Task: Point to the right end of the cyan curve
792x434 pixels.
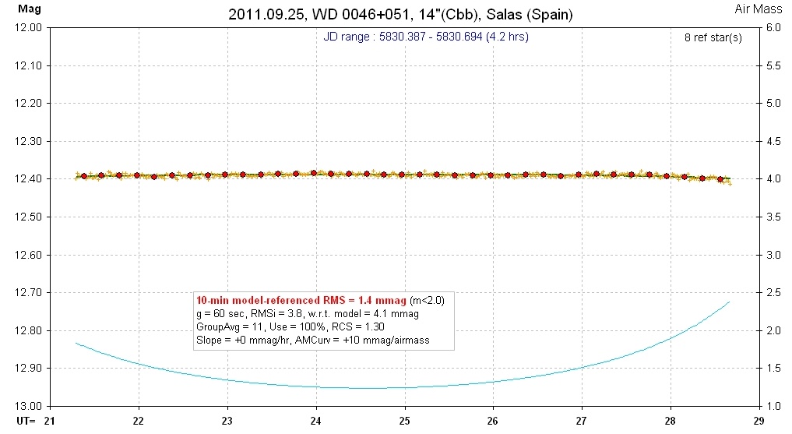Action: pos(730,302)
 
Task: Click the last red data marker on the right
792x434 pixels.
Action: pos(720,179)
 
